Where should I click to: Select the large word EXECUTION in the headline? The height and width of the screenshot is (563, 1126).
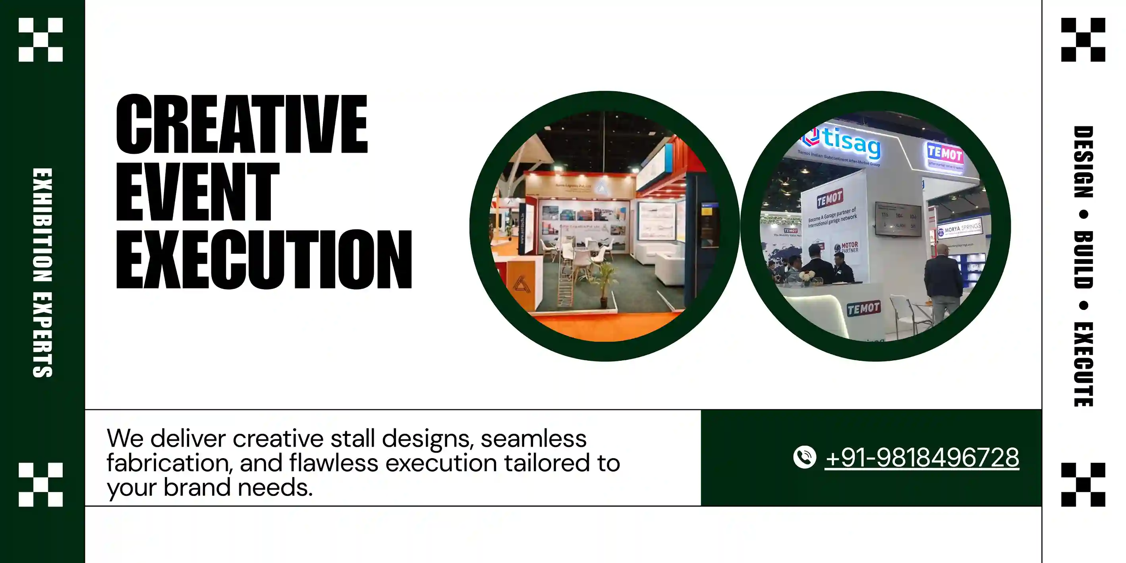264,259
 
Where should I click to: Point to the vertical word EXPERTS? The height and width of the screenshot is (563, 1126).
42,335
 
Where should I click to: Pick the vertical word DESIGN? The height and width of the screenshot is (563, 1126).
1083,162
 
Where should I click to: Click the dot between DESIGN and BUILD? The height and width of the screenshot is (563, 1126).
1083,214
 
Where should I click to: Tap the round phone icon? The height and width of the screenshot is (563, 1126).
804,457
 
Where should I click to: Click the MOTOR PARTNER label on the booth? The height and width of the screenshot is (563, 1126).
846,248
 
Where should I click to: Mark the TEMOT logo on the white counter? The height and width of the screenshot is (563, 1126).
863,308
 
